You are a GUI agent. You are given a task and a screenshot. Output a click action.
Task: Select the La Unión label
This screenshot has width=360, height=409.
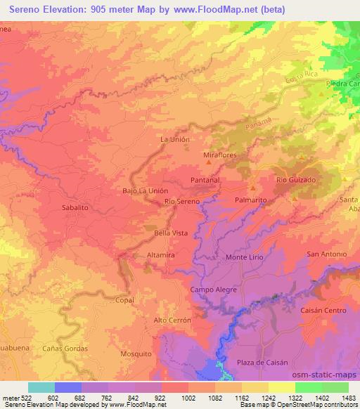(x=175, y=140)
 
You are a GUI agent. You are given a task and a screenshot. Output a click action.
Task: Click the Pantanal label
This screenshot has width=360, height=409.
(x=206, y=181)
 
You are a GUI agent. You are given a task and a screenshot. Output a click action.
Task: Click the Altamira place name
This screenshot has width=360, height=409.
(x=161, y=252)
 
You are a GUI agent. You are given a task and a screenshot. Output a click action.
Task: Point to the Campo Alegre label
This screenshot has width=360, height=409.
(x=214, y=290)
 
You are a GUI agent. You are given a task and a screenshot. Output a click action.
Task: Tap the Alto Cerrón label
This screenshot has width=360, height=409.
(x=172, y=320)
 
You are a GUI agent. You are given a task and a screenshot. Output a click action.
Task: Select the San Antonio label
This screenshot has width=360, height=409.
(x=326, y=254)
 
